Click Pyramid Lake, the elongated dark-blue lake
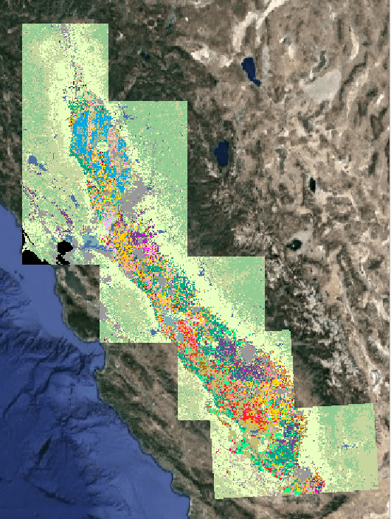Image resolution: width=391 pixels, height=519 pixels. (252, 71)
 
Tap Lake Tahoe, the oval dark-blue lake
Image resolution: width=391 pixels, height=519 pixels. (221, 153)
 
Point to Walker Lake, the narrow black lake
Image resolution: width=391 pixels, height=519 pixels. (313, 184)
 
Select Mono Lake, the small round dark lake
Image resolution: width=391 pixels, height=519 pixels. (297, 243)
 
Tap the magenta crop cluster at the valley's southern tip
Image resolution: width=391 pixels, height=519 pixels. (315, 485)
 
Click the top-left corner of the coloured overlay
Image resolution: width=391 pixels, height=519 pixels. (23, 24)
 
